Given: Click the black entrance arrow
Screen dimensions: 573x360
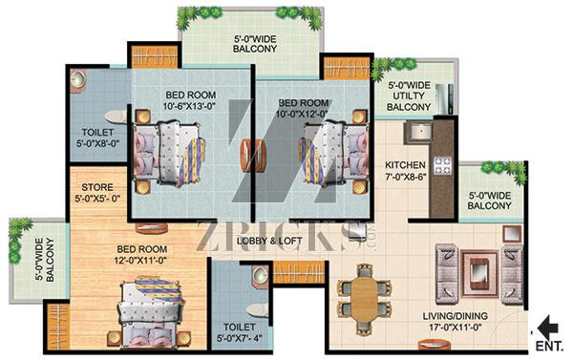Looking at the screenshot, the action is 549,328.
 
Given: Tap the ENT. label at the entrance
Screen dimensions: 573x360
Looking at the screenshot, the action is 550,346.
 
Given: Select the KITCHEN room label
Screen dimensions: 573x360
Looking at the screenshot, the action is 405,165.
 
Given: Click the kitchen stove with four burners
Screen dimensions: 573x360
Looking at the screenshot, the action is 442,165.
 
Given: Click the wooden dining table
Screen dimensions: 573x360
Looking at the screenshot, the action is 365,300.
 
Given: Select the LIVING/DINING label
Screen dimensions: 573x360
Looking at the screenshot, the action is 456,316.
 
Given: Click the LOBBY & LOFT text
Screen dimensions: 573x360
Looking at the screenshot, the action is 269,241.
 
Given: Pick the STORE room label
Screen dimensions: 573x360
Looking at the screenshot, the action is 97,187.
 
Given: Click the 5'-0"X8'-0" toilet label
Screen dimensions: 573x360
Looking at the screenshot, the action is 98,143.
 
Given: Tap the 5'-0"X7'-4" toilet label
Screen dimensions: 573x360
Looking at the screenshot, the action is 239,338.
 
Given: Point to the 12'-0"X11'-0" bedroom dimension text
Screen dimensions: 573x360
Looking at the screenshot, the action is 142,261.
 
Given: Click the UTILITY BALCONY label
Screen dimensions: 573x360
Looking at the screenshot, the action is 409,101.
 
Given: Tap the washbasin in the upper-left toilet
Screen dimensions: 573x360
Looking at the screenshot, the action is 78,79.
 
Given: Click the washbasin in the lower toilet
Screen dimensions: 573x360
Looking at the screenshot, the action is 260,276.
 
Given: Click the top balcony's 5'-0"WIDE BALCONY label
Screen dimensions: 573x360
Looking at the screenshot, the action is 255,44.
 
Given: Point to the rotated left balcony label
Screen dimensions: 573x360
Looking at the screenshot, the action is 45,260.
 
